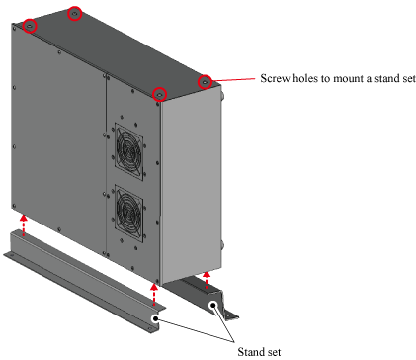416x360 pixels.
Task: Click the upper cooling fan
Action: click(x=128, y=151)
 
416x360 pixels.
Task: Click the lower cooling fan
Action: click(x=128, y=214)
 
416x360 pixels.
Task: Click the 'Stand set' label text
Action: click(x=259, y=352)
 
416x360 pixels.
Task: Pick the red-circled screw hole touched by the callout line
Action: click(x=205, y=81)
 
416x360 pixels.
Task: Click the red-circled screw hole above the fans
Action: click(x=160, y=94)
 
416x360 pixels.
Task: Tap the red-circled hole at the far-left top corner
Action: click(x=30, y=26)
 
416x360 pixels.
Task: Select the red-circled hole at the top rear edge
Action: click(x=74, y=14)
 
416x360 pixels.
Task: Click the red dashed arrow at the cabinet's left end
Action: click(x=23, y=225)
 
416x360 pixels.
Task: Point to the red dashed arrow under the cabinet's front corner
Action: click(x=154, y=295)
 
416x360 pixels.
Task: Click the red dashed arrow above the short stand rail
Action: click(x=207, y=280)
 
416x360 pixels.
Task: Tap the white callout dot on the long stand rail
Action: click(x=155, y=318)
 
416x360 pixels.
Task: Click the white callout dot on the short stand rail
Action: click(x=213, y=305)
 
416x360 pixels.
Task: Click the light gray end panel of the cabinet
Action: click(x=191, y=185)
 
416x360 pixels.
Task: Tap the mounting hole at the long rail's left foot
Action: click(x=11, y=254)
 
